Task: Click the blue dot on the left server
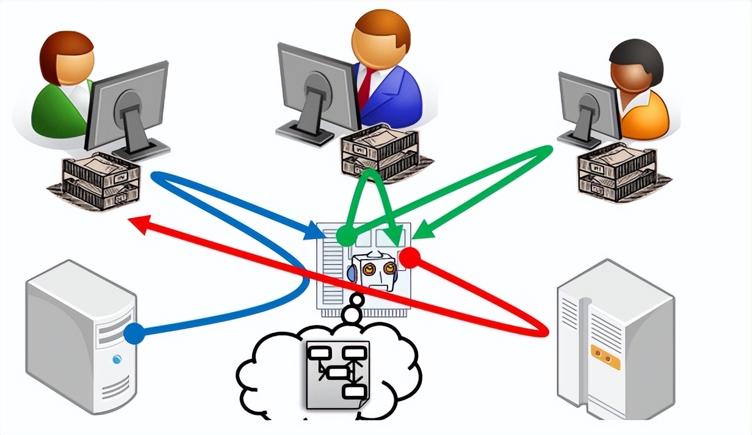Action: pos(134,334)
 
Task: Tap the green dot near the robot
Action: pos(345,235)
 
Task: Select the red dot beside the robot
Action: pos(410,257)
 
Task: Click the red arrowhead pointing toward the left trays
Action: pos(139,223)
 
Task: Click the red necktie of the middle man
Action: pos(364,86)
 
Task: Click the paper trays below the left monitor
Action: pos(101,181)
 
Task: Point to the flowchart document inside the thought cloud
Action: pos(338,374)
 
